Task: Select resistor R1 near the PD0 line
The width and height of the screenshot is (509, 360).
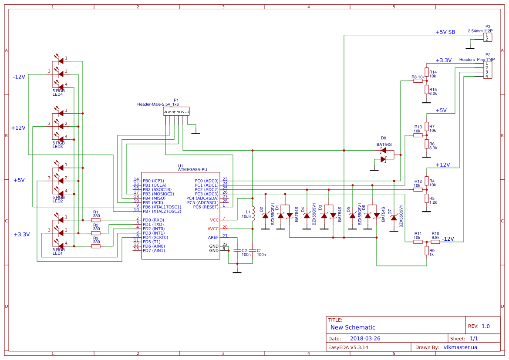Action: tap(96, 220)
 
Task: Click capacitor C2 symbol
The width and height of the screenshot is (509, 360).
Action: tap(237, 251)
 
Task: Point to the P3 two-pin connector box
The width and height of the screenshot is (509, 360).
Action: tap(488, 37)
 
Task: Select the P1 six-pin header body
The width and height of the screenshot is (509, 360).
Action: tap(176, 112)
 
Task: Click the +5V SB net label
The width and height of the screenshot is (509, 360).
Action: tap(445, 32)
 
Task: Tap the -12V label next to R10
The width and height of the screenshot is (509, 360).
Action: tap(448, 239)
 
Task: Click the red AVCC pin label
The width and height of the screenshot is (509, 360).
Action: tap(213, 229)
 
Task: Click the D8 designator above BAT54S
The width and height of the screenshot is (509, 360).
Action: tap(383, 138)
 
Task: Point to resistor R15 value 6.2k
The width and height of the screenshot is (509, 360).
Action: tap(433, 93)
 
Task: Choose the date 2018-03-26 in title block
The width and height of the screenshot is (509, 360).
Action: tap(365, 338)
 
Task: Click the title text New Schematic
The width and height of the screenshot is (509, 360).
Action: tap(353, 327)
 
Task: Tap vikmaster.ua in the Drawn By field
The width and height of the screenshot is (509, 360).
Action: tap(460, 347)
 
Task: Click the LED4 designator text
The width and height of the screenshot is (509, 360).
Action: tap(57, 94)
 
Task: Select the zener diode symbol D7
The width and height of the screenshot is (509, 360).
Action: tap(394, 217)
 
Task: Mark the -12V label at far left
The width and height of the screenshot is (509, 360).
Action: tap(19, 77)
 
